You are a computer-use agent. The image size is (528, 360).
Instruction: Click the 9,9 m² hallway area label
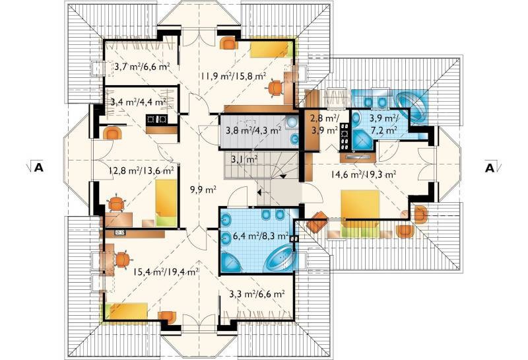pos(203,190)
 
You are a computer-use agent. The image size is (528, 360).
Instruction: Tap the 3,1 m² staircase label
pos(245,159)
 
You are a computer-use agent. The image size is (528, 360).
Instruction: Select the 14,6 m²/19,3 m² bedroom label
pos(362,174)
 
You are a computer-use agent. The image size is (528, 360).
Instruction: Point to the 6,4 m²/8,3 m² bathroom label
pos(260,236)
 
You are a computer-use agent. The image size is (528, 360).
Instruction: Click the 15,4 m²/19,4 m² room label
pos(166,271)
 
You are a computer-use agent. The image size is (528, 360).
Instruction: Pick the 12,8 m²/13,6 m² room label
pos(141,170)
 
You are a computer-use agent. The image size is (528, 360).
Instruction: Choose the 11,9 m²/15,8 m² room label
pos(234,76)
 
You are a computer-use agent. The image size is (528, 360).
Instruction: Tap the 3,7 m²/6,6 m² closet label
pos(141,67)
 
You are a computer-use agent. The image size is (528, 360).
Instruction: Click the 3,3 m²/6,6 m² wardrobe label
pos(257,294)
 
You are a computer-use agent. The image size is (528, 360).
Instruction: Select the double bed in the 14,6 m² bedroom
pos(360,213)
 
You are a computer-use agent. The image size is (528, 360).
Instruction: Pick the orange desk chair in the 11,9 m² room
pos(275,88)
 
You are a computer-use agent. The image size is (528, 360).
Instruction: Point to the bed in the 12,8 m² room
pos(166,203)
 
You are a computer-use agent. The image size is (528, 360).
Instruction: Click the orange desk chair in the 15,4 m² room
pos(122,260)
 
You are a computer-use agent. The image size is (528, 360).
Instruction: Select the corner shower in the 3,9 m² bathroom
pos(361,139)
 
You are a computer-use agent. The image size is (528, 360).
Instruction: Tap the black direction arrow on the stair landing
pos(260,192)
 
